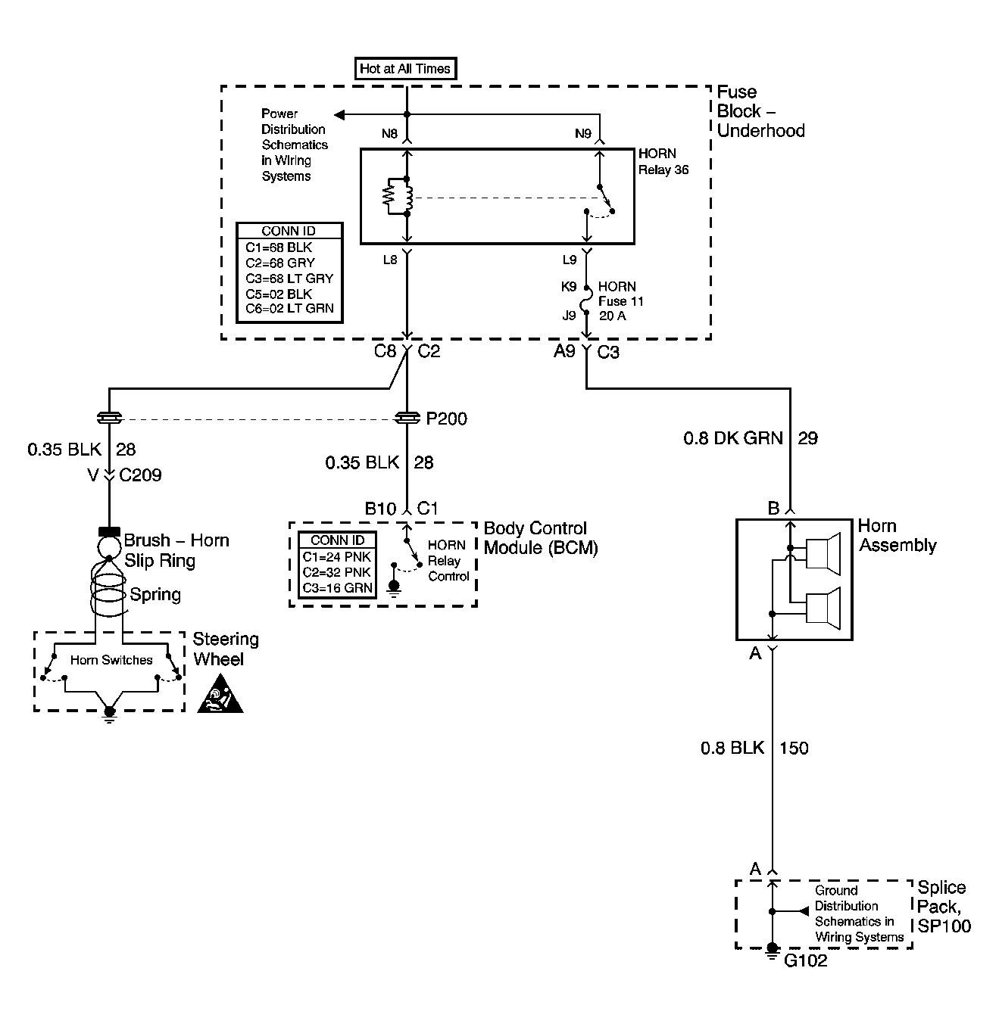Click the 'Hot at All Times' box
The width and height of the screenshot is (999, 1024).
(405, 68)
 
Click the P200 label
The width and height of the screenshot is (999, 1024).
(446, 419)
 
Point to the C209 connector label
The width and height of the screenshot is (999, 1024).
(140, 475)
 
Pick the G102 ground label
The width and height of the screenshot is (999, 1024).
(805, 960)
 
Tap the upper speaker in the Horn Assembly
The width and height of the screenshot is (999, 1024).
(823, 554)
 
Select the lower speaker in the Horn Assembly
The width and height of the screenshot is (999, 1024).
(823, 608)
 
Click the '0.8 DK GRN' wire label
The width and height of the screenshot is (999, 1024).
(733, 437)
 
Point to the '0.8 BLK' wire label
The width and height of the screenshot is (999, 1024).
(732, 748)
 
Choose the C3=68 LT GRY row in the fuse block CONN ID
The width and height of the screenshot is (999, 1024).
(289, 278)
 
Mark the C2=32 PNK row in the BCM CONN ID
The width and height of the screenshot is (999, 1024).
(336, 572)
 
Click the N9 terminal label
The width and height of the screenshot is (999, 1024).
(583, 134)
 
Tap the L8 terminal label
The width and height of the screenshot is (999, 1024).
(390, 260)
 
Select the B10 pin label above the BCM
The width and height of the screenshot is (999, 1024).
(380, 509)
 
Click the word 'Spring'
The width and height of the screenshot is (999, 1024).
(155, 595)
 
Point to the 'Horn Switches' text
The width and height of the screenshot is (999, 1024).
(111, 660)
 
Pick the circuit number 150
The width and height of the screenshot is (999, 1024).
(794, 748)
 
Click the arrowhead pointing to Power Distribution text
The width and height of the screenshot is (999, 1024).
(339, 115)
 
